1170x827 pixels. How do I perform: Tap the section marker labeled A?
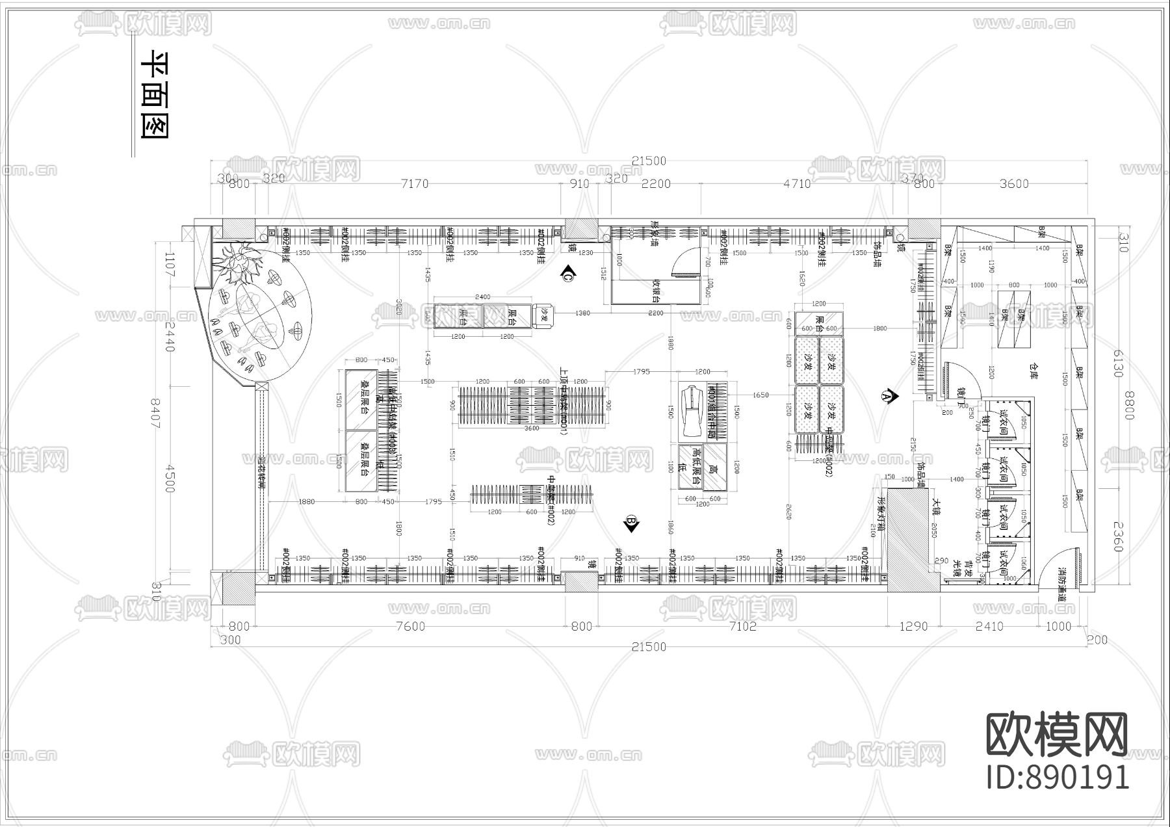(x=887, y=395)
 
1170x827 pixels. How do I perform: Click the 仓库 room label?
(x=1034, y=370)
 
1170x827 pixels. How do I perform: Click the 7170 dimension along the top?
(x=415, y=184)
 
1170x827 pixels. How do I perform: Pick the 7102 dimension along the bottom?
(x=742, y=626)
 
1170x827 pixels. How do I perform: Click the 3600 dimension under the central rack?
(x=532, y=428)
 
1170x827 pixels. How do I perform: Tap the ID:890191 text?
(x=1058, y=777)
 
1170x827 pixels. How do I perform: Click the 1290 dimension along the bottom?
(x=913, y=626)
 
